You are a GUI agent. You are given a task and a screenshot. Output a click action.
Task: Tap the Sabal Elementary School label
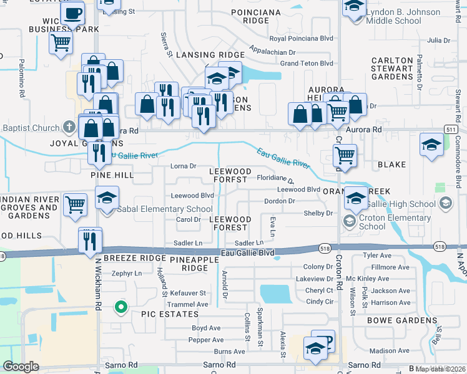pos(164,209)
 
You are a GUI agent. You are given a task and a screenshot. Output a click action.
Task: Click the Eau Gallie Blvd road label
pos(248,253)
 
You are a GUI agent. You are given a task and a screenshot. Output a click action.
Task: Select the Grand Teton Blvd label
pos(307,64)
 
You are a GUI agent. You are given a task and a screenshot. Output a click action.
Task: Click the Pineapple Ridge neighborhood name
pos(188,263)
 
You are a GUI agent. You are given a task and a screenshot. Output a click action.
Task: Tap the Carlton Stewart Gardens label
pos(392,69)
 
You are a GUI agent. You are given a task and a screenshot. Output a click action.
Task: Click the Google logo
pos(21,367)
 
